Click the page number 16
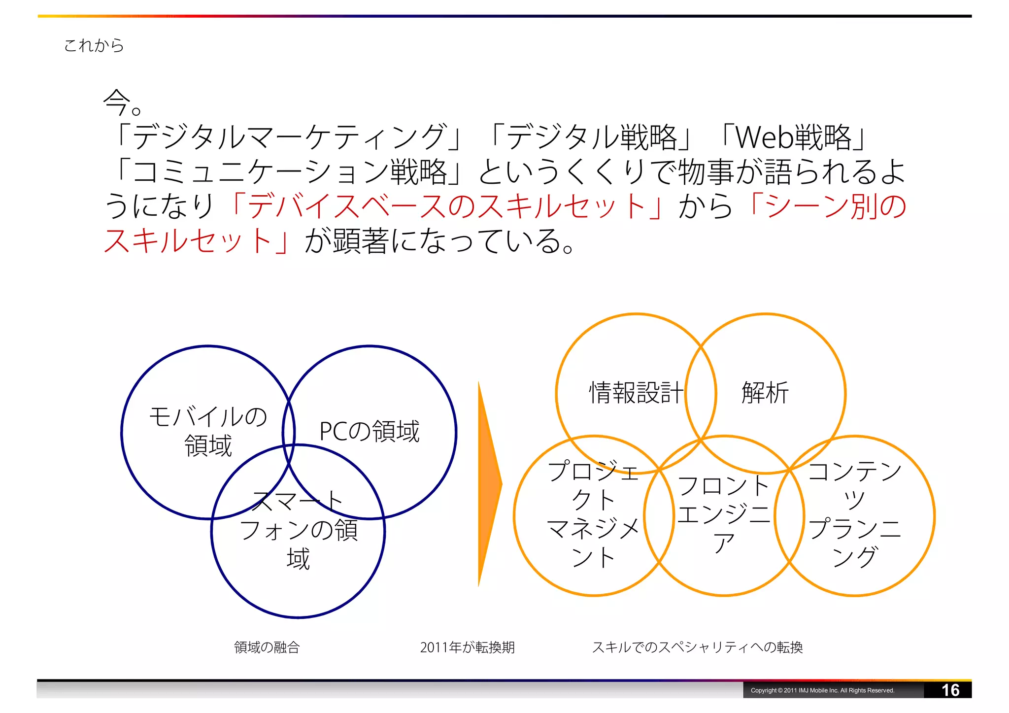click(950, 690)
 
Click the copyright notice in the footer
click(822, 690)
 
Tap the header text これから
click(94, 45)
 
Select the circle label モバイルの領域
click(208, 431)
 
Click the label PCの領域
click(370, 431)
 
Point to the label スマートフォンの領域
click(299, 530)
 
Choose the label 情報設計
click(636, 393)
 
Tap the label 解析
click(765, 393)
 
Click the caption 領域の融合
click(267, 647)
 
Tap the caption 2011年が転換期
click(467, 647)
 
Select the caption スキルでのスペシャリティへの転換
click(697, 647)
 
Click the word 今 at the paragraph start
click(116, 102)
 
